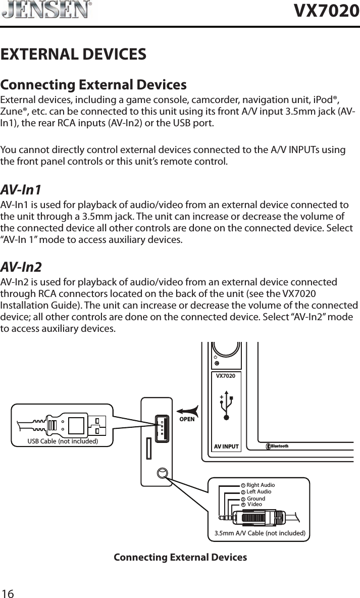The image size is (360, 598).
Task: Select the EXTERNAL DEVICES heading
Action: [74, 54]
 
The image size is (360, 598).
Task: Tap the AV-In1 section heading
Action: [21, 190]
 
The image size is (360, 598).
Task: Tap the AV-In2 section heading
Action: [21, 267]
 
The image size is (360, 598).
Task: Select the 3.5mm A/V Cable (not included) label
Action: [260, 533]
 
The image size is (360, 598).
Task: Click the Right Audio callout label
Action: [260, 485]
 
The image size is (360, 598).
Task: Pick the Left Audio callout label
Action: [259, 492]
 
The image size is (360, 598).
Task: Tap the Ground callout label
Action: [255, 499]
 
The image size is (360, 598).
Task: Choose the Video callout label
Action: [255, 504]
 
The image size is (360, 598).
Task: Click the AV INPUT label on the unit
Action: [226, 446]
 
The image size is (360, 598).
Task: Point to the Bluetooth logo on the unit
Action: [277, 446]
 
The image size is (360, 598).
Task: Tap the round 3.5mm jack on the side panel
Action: [162, 473]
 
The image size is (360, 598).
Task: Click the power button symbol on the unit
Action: [216, 357]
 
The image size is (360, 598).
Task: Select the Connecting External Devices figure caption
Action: [180, 558]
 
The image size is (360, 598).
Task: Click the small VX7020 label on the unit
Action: [226, 376]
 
